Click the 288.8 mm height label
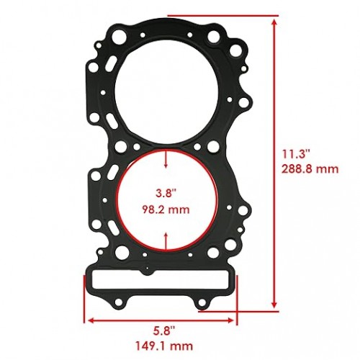tap(310, 169)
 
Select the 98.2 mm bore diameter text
tap(166, 210)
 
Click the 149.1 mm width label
tap(164, 346)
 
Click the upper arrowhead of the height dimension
tap(274, 22)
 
